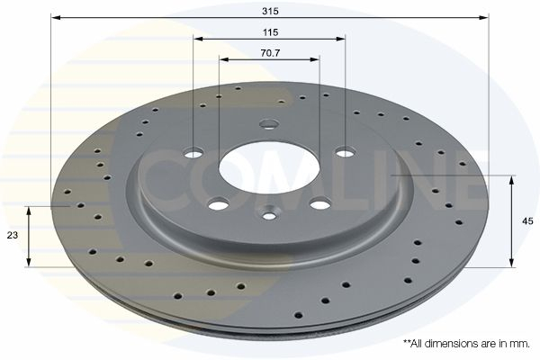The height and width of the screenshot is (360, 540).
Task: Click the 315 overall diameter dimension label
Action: coord(270,11)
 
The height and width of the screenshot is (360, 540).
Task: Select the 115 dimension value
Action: coord(270,32)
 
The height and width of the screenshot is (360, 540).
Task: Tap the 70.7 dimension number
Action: coord(270,53)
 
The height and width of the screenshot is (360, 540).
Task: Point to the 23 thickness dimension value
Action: coord(13,235)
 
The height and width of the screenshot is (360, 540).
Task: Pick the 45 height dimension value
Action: coord(527,221)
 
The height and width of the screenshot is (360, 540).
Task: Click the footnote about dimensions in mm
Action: coord(466,344)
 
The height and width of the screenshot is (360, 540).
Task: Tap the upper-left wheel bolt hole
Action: coord(193,153)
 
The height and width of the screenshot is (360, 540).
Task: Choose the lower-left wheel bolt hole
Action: coord(219,205)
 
